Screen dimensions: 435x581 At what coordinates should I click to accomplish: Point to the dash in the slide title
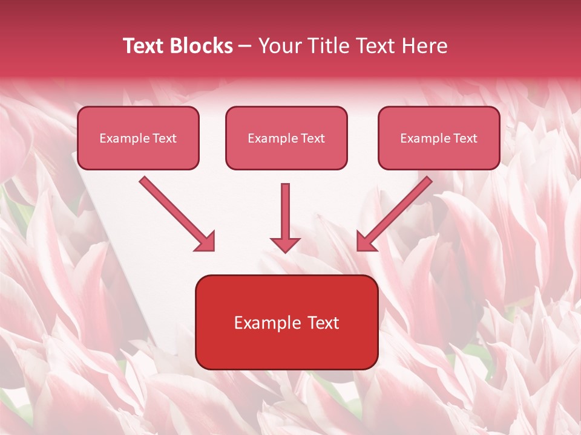click(246, 46)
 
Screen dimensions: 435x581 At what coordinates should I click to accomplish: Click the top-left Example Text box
click(138, 138)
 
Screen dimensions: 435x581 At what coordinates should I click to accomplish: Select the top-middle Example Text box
click(286, 138)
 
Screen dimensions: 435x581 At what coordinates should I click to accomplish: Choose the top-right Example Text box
click(439, 138)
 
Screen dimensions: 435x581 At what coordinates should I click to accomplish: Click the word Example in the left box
click(121, 138)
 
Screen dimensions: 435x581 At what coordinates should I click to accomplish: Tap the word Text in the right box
click(465, 138)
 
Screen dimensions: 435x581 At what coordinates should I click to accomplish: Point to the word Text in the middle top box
click(312, 138)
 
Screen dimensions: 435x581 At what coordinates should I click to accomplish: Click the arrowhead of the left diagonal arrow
click(206, 242)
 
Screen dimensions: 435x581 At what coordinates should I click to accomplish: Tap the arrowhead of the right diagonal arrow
click(366, 242)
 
